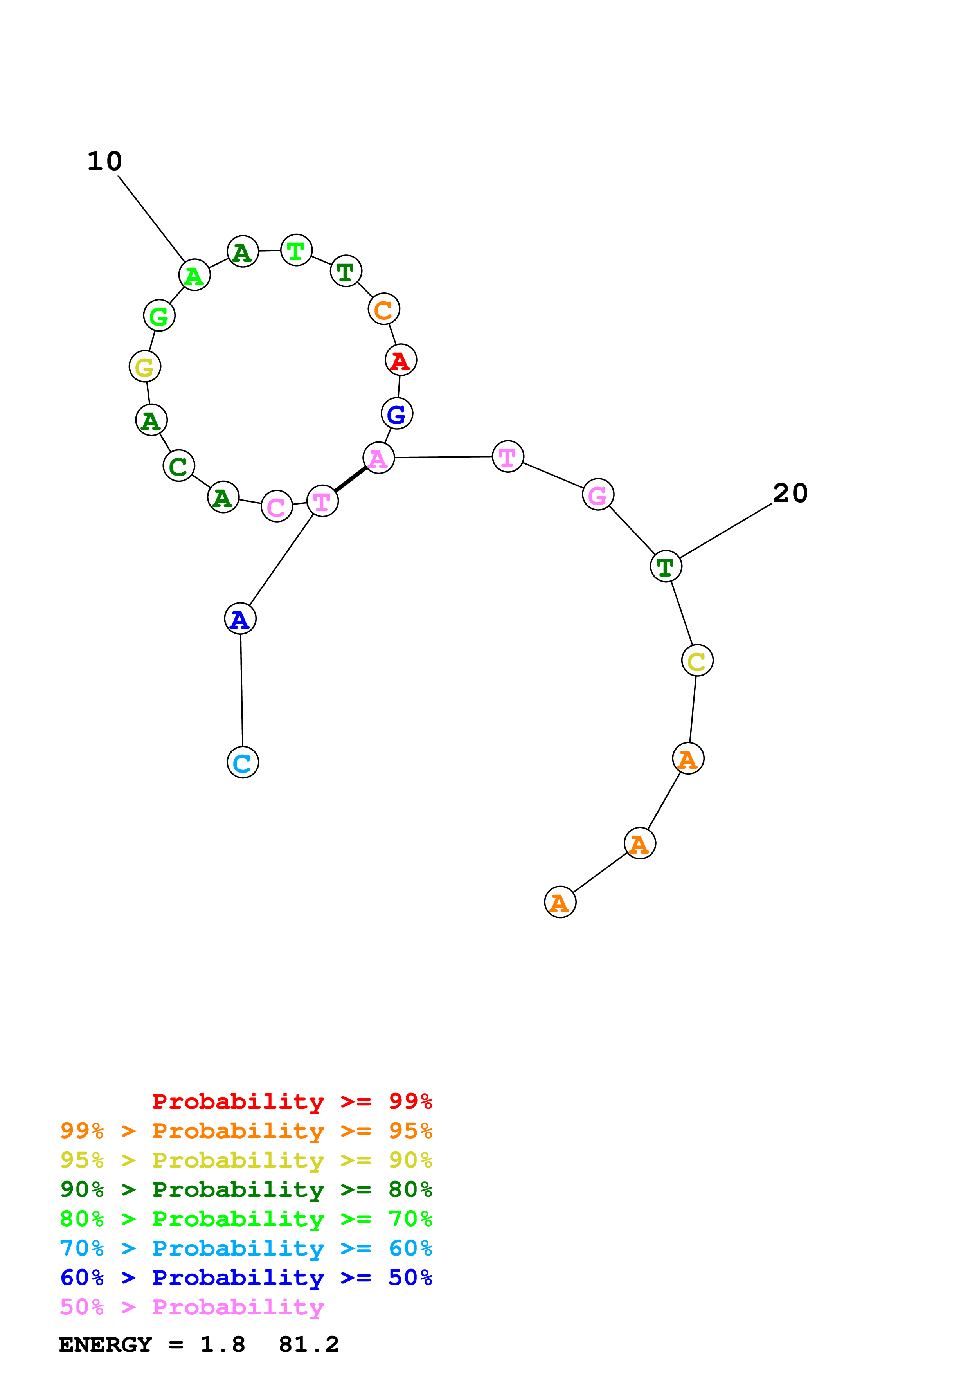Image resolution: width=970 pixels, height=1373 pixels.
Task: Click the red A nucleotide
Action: [400, 360]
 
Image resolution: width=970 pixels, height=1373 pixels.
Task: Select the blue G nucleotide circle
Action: [397, 413]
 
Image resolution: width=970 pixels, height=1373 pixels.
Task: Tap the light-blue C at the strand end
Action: [243, 762]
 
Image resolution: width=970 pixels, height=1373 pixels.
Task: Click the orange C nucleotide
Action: [384, 309]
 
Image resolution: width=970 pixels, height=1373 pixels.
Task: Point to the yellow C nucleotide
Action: [697, 661]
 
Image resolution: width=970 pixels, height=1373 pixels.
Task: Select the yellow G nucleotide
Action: [145, 367]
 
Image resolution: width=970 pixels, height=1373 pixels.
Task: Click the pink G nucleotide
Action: [597, 495]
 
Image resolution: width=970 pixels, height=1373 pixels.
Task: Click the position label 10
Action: [104, 162]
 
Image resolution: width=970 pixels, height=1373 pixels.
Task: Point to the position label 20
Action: [790, 493]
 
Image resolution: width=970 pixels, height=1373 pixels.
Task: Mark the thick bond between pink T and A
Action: [351, 479]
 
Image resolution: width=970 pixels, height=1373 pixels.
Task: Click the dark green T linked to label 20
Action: [666, 566]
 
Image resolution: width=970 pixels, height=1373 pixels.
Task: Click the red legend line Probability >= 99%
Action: [292, 1101]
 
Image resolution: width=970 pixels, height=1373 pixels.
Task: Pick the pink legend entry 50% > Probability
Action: [192, 1307]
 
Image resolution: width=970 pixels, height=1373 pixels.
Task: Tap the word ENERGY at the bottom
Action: [105, 1345]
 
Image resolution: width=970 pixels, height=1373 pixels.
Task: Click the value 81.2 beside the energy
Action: [309, 1345]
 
